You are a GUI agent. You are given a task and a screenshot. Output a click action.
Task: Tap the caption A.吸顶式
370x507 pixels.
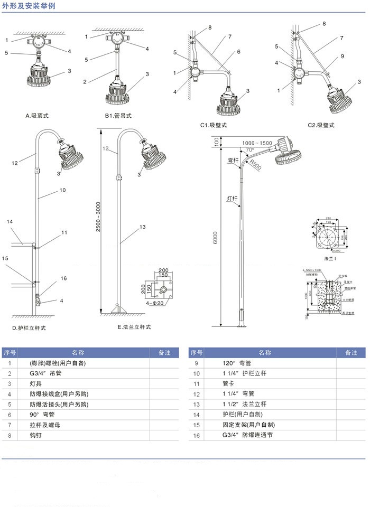(40, 115)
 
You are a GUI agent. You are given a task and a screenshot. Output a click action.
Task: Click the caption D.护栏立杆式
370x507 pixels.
(29, 328)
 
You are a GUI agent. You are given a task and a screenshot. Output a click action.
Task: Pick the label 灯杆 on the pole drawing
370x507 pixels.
(232, 199)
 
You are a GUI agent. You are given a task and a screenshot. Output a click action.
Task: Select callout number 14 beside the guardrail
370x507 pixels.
(9, 222)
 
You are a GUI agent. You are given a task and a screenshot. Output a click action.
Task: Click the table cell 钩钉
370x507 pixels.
(35, 436)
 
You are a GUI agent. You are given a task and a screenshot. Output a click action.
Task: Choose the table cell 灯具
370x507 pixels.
(35, 384)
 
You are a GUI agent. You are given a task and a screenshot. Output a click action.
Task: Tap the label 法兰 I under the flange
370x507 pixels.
(331, 259)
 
